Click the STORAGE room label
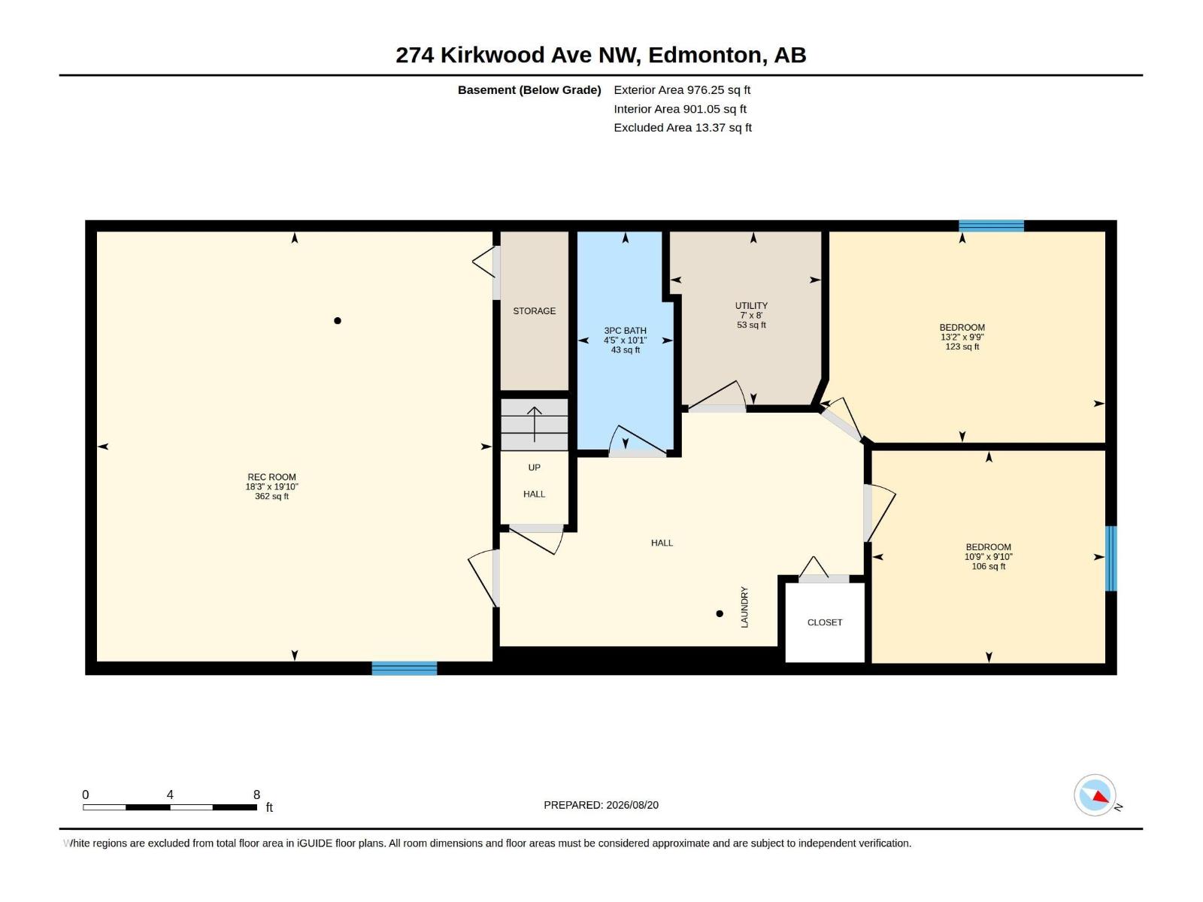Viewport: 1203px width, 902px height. point(534,311)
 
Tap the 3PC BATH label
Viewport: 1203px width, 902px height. point(625,331)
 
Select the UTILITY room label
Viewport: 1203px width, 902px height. point(751,306)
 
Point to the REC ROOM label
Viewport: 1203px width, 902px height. point(271,477)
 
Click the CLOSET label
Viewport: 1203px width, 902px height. point(824,622)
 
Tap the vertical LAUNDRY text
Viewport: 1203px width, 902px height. point(744,607)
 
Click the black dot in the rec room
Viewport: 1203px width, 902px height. point(337,320)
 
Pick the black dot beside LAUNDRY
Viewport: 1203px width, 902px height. point(719,613)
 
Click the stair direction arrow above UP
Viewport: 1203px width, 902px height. point(534,425)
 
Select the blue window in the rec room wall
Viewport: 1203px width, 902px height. point(404,668)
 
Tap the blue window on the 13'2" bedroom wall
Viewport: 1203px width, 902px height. point(991,225)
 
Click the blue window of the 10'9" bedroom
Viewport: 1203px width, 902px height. point(1111,558)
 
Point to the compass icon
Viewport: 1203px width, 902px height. point(1095,795)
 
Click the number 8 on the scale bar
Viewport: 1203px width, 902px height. point(256,795)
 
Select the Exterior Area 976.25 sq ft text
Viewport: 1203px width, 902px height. point(682,89)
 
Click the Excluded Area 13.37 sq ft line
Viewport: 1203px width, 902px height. point(683,128)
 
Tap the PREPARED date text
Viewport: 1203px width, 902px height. point(601,805)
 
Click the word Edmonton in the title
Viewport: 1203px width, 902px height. point(705,56)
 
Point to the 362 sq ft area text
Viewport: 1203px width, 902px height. point(271,496)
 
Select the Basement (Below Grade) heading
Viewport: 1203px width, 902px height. point(529,90)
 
